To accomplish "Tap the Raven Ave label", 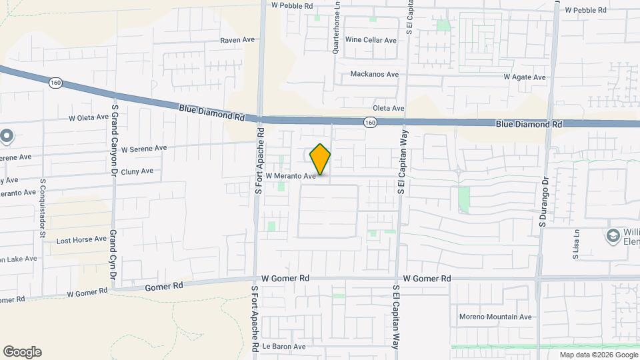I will pyautogui.click(x=238, y=40).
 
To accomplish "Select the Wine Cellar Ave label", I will pyautogui.click(x=371, y=40).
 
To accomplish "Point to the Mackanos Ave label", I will pyautogui.click(x=375, y=74).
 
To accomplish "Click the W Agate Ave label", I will pyautogui.click(x=525, y=77).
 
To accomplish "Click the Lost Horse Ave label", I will pyautogui.click(x=81, y=239).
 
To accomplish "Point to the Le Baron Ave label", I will pyautogui.click(x=283, y=347).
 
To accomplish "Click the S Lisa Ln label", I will pyautogui.click(x=577, y=244).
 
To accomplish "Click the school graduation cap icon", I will pyautogui.click(x=612, y=235).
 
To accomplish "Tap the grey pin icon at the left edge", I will pyautogui.click(x=7, y=137).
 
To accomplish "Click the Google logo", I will pyautogui.click(x=22, y=352).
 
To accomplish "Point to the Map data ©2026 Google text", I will pyautogui.click(x=598, y=355).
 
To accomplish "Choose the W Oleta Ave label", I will pyautogui.click(x=88, y=117).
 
